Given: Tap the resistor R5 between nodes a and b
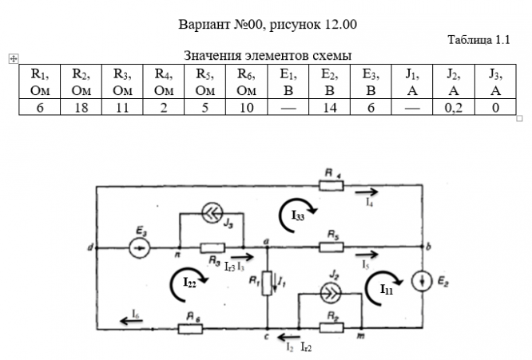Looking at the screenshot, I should coord(334,247).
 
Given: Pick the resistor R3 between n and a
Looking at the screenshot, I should coord(212,247).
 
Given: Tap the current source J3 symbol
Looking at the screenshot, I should coord(212,213).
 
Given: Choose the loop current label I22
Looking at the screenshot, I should coord(190,281).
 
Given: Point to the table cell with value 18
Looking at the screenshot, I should coord(79,107).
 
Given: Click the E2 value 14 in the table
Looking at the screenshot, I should coord(328,107).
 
